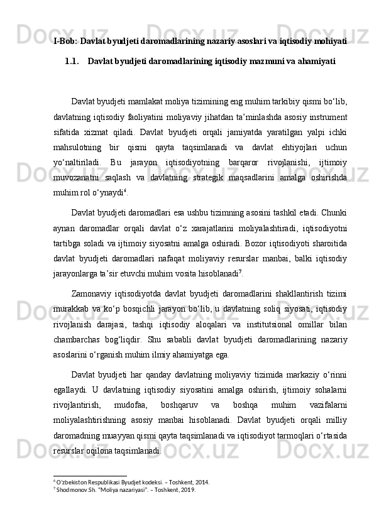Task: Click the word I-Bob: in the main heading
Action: (x=65, y=41)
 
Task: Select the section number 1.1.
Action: (x=73, y=62)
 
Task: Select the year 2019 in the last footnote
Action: (x=187, y=490)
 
